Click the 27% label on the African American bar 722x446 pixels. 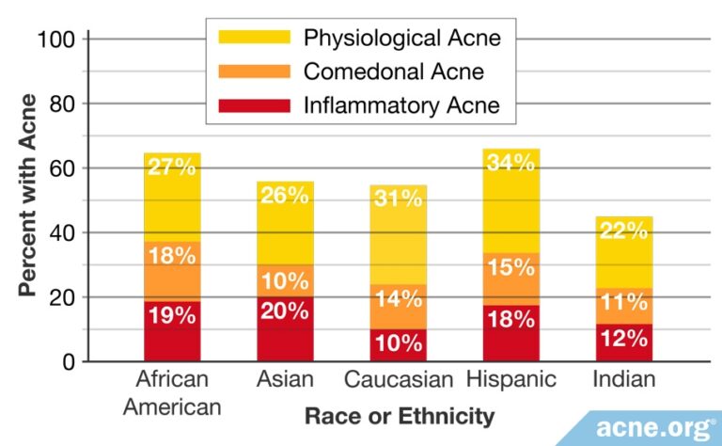click(x=172, y=167)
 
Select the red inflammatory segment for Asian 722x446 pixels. click(x=286, y=329)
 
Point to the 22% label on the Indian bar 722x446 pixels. click(x=624, y=231)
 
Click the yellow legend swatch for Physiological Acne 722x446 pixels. click(x=254, y=39)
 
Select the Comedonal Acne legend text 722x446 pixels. click(x=394, y=72)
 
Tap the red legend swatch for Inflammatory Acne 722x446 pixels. click(x=254, y=104)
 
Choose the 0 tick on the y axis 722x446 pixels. click(x=69, y=362)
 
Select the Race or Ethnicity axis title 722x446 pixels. click(x=400, y=415)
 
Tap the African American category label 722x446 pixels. click(x=172, y=393)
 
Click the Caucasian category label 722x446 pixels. click(x=399, y=381)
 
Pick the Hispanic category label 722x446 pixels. click(x=511, y=381)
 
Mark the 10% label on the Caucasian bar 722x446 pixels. click(x=398, y=343)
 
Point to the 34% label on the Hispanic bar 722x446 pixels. click(x=511, y=162)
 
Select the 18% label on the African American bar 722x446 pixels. click(x=172, y=254)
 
